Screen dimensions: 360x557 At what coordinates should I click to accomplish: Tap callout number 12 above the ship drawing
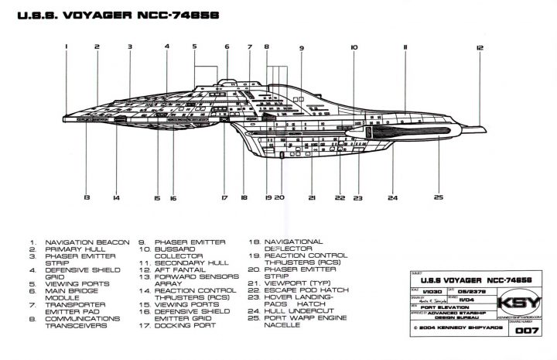(480, 48)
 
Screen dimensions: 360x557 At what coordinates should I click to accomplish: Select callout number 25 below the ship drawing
(438, 198)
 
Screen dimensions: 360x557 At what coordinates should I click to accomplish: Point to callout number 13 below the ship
(87, 198)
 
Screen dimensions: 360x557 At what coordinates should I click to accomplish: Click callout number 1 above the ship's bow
(67, 46)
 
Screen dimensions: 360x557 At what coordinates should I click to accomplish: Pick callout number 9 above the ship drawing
(301, 48)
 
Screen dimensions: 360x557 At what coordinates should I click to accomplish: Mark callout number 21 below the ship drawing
(312, 198)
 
